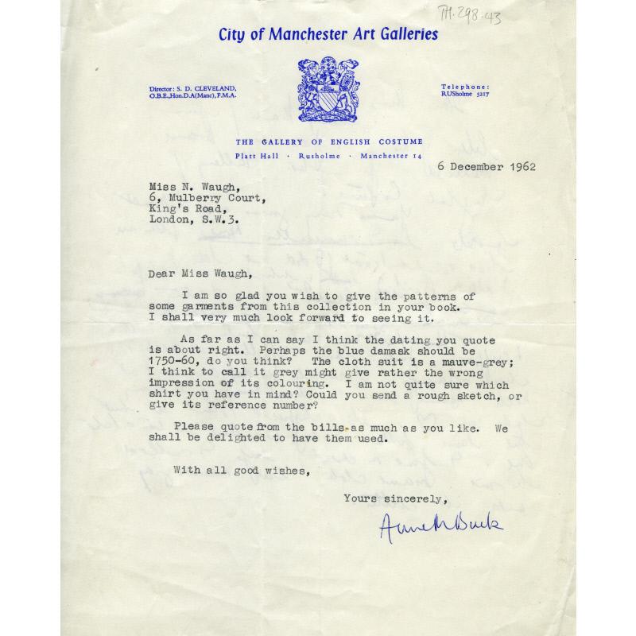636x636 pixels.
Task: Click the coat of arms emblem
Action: tap(328, 89)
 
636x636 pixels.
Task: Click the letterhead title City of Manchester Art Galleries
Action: tap(328, 34)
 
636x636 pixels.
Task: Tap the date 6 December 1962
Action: tap(486, 166)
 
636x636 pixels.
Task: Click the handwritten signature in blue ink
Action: tap(441, 525)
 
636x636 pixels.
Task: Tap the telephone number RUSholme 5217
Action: tap(466, 95)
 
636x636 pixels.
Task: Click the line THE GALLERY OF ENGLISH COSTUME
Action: tap(328, 141)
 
